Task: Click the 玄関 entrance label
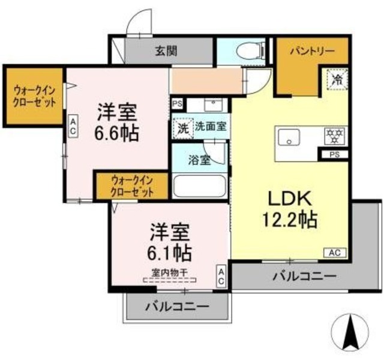tap(167, 52)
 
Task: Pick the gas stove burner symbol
tap(334, 136)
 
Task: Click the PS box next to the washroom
tap(177, 103)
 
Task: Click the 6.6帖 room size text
tap(118, 131)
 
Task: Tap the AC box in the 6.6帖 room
tap(72, 125)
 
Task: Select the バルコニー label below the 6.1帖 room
tap(177, 307)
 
